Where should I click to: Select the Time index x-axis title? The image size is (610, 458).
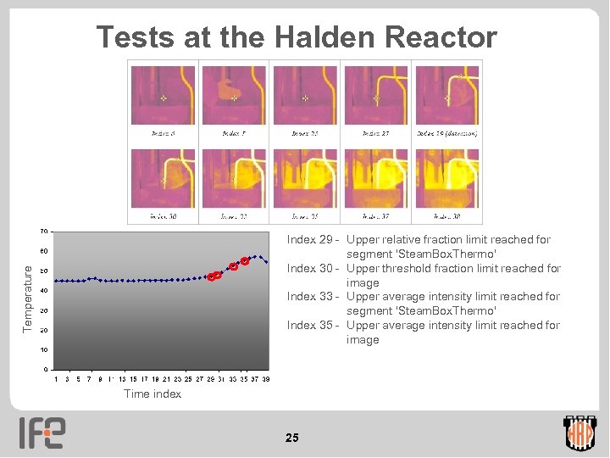pyautogui.click(x=152, y=394)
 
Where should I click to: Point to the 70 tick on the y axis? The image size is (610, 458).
pyautogui.click(x=42, y=232)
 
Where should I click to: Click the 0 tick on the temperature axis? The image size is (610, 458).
pyautogui.click(x=46, y=370)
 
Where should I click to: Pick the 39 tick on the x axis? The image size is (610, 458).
pyautogui.click(x=266, y=379)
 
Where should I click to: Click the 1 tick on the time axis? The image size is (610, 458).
pyautogui.click(x=56, y=379)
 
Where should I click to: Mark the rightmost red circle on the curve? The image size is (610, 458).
pyautogui.click(x=244, y=261)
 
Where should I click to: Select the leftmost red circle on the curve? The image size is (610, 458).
pyautogui.click(x=211, y=277)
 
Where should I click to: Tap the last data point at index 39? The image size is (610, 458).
pyautogui.click(x=266, y=262)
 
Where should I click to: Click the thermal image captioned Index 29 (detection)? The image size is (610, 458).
pyautogui.click(x=446, y=96)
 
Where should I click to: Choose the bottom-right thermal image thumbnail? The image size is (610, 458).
pyautogui.click(x=446, y=179)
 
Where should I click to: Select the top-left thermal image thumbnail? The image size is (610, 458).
pyautogui.click(x=163, y=96)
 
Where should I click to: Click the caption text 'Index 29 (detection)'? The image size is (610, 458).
pyautogui.click(x=446, y=133)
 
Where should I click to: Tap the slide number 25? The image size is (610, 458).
pyautogui.click(x=292, y=438)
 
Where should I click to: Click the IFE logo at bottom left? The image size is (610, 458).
pyautogui.click(x=42, y=433)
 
